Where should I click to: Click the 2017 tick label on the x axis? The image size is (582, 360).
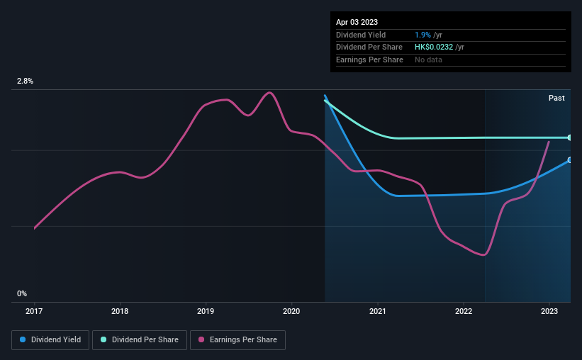[34, 311]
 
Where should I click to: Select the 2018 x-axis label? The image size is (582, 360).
[120, 311]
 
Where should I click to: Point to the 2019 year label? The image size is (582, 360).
[206, 311]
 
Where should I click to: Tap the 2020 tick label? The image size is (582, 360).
[291, 311]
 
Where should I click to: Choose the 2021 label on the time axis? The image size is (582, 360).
[377, 311]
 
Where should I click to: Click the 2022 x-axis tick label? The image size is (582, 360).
[464, 311]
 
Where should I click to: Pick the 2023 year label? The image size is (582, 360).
[549, 311]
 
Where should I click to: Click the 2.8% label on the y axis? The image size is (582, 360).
[25, 81]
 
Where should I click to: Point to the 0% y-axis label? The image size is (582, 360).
[22, 293]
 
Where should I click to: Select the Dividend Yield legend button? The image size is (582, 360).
[50, 340]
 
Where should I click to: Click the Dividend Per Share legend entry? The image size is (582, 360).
[140, 340]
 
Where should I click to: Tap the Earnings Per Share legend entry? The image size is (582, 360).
[237, 340]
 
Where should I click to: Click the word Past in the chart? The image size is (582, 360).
[556, 98]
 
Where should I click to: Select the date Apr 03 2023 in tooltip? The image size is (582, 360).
[357, 22]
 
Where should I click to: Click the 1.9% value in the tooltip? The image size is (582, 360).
[422, 35]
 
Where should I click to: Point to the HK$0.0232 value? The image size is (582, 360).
[434, 47]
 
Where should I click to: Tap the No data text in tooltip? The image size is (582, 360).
[428, 60]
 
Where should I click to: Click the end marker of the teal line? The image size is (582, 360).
[570, 137]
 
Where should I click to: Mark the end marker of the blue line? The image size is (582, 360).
[570, 160]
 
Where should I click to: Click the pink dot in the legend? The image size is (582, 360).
[201, 339]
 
